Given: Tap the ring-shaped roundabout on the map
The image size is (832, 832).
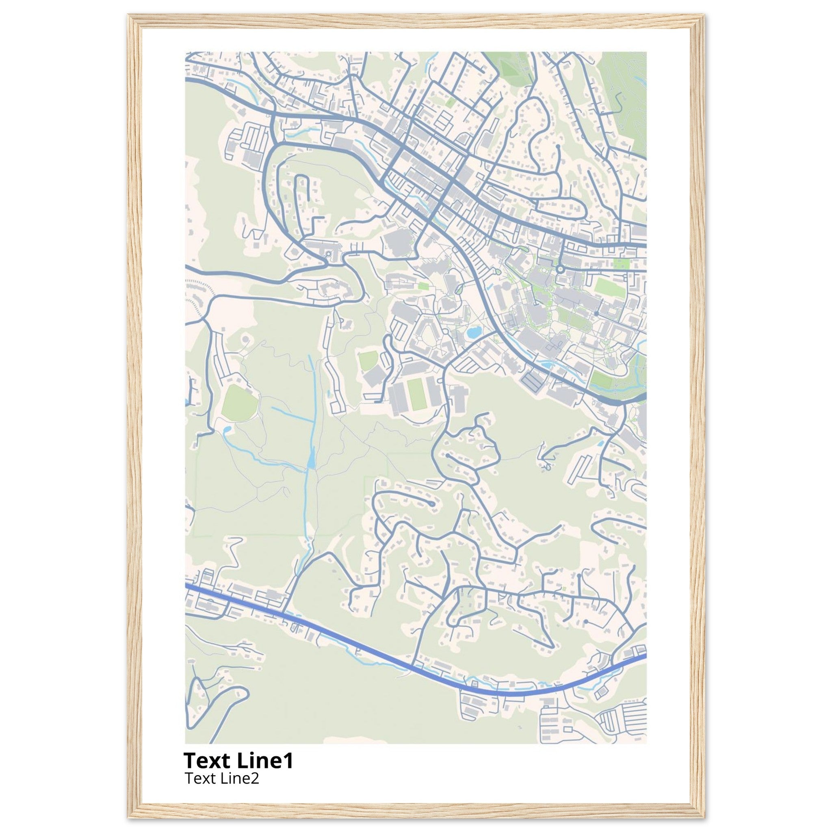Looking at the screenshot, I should (x=560, y=269).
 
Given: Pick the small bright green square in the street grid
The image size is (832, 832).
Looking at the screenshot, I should (x=450, y=102).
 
